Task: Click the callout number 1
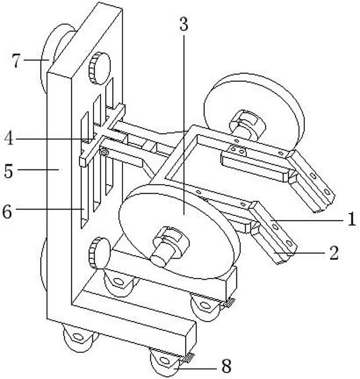click(351, 218)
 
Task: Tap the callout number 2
click(334, 253)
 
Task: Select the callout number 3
click(183, 24)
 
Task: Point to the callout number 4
click(9, 138)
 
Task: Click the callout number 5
click(9, 171)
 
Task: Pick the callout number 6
click(7, 212)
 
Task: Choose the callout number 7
click(17, 61)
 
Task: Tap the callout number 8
click(226, 366)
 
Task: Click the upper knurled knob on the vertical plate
click(99, 68)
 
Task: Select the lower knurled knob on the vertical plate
click(99, 253)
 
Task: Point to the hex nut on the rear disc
click(247, 124)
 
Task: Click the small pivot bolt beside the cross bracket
click(105, 152)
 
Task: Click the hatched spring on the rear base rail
click(229, 302)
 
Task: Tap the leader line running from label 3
click(183, 125)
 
